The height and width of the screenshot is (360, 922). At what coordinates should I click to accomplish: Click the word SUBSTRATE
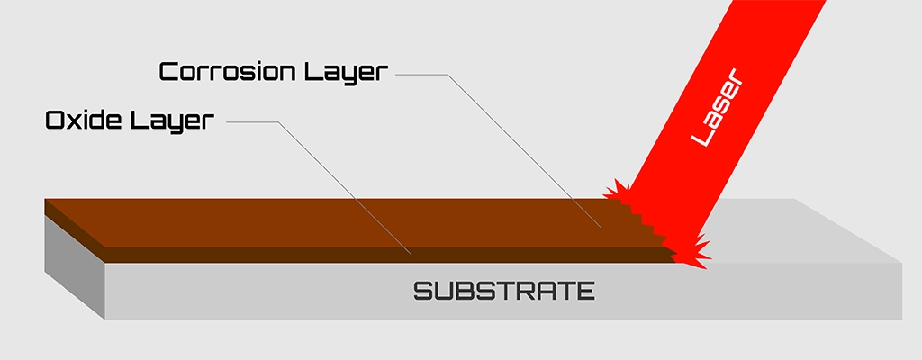click(x=504, y=292)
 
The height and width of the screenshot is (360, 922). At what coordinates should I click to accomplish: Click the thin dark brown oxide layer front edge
click(x=360, y=255)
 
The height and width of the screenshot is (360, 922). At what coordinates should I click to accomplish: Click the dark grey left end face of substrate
click(x=74, y=265)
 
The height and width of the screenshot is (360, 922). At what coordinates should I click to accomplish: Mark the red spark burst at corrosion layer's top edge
click(x=618, y=191)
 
